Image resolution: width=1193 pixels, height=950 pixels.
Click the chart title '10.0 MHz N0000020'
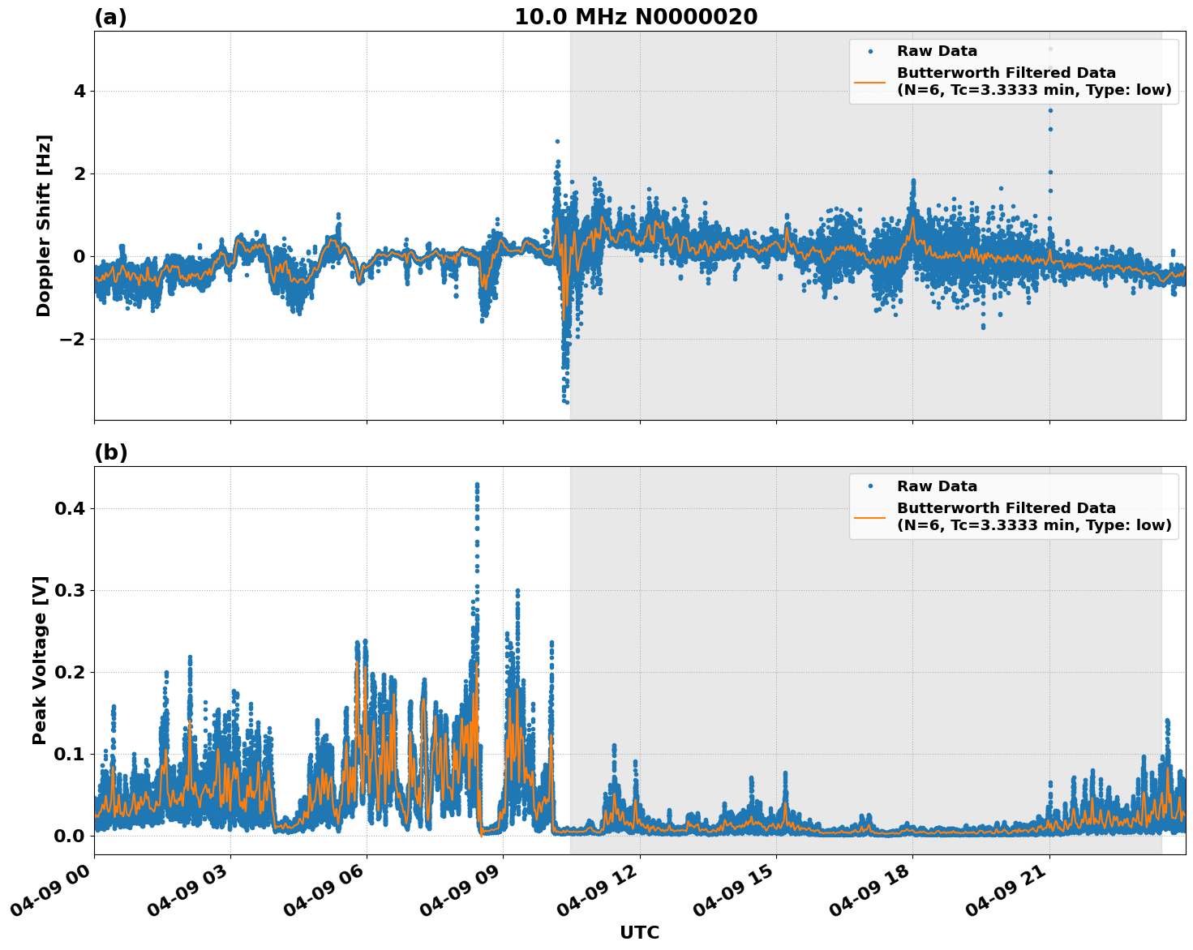click(x=636, y=17)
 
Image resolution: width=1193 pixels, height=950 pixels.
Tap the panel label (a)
click(x=110, y=17)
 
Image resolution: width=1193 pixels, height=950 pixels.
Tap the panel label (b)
click(x=110, y=452)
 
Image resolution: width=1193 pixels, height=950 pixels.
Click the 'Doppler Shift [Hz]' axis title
click(x=44, y=225)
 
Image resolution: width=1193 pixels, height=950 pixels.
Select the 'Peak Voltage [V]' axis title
click(x=40, y=660)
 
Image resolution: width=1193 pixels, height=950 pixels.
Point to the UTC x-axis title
click(x=639, y=932)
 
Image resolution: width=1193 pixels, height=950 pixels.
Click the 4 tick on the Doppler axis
click(x=79, y=92)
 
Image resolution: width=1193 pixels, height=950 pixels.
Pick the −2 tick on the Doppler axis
click(x=72, y=339)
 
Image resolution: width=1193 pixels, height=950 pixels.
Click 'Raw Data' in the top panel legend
click(x=937, y=52)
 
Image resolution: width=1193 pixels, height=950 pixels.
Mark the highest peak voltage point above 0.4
click(x=477, y=485)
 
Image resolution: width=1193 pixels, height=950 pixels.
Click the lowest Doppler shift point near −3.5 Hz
click(x=566, y=401)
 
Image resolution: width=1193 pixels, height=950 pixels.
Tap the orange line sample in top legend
click(x=869, y=81)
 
